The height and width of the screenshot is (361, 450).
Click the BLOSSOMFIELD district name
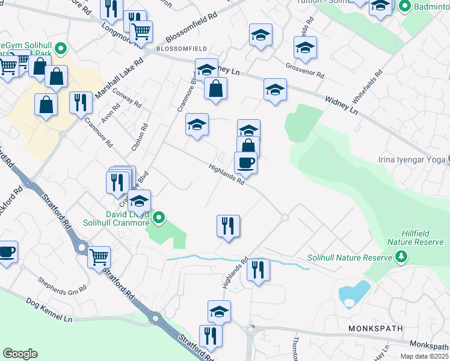[181, 48]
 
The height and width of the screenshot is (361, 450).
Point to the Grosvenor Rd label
[305, 71]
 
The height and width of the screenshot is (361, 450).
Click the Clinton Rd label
[139, 138]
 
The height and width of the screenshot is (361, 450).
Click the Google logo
[20, 354]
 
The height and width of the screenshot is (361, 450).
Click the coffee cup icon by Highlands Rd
[245, 162]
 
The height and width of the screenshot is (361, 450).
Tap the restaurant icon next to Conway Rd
[81, 102]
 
